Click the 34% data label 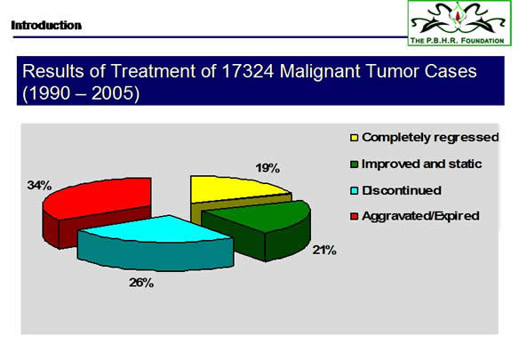coord(39,186)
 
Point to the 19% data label coord(267,168)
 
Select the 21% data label coord(324,251)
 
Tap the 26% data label coord(141,283)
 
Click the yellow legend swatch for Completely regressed coord(355,138)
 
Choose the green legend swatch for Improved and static coord(355,164)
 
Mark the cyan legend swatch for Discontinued coord(355,191)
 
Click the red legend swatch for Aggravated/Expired coord(355,216)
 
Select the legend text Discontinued coord(402,190)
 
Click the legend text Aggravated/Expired coord(420,216)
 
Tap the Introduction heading coord(46,25)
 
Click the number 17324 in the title coord(248,71)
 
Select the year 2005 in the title coord(113,93)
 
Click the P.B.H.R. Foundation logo coord(459,23)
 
